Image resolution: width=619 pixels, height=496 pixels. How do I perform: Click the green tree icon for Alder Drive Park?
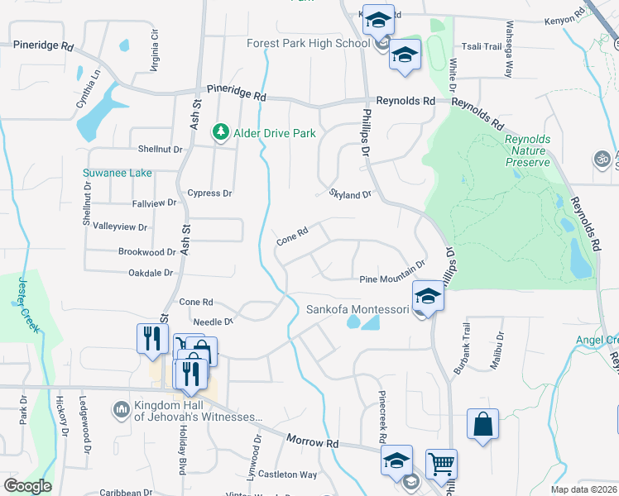pyautogui.click(x=221, y=132)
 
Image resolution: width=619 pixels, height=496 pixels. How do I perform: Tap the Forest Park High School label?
pyautogui.click(x=308, y=43)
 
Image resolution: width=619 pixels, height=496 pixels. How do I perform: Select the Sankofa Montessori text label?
pyautogui.click(x=357, y=310)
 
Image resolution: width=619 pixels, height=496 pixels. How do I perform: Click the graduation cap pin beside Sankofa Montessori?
pyautogui.click(x=428, y=295)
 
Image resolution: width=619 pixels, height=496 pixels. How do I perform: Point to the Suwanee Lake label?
pyautogui.click(x=117, y=174)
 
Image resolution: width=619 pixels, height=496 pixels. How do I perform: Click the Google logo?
pyautogui.click(x=27, y=486)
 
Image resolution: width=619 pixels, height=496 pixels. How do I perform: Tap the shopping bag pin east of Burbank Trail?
pyautogui.click(x=482, y=424)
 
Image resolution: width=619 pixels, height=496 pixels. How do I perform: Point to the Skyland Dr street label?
pyautogui.click(x=351, y=195)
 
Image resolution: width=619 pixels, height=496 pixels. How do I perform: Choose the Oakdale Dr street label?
pyautogui.click(x=150, y=272)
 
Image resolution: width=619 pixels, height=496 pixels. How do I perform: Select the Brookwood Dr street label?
pyautogui.click(x=146, y=252)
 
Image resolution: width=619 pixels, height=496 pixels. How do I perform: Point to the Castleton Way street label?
pyautogui.click(x=287, y=475)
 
